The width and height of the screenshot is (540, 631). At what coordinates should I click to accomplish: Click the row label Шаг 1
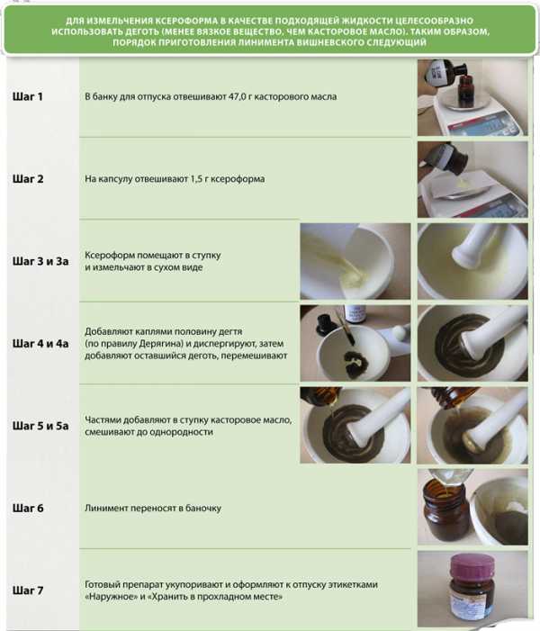coord(27,96)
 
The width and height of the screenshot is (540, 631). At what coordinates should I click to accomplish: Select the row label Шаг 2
coord(28,178)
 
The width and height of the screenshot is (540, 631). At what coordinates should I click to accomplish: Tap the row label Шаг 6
coord(28,508)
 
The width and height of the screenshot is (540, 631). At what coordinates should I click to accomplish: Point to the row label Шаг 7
coord(28,590)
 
